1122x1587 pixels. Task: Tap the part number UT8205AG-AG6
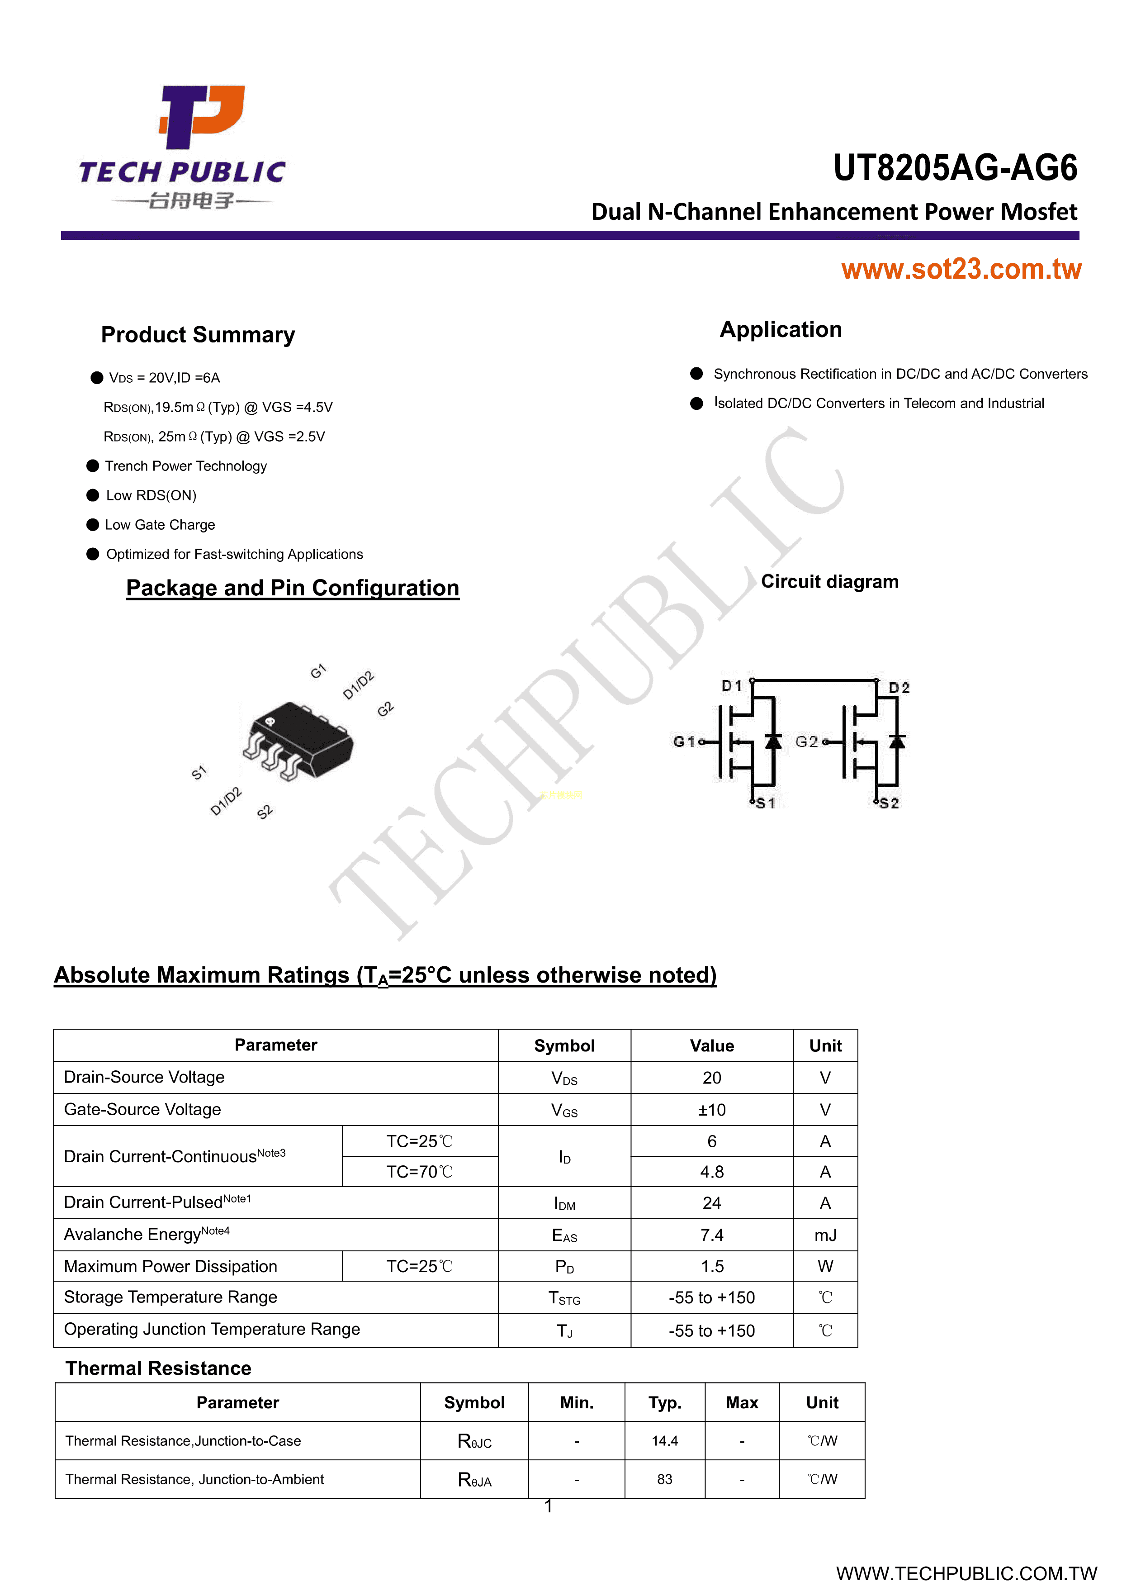(x=954, y=168)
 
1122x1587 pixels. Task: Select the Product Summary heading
(x=198, y=334)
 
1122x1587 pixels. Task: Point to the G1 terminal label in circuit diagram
(x=684, y=741)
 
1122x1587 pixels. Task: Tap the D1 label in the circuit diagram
(x=731, y=686)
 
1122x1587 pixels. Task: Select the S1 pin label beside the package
(x=199, y=772)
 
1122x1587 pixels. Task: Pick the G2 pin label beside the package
(x=385, y=709)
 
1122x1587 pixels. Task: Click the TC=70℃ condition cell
(x=419, y=1172)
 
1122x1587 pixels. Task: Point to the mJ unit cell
(x=825, y=1235)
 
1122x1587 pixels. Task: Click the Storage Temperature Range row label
(x=170, y=1297)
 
